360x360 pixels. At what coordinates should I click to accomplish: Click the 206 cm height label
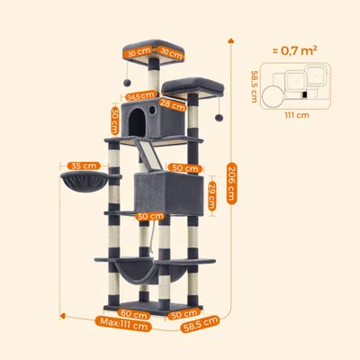tap(231, 183)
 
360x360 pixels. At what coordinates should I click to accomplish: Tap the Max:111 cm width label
tap(123, 323)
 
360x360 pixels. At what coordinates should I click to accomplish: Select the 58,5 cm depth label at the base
tap(200, 324)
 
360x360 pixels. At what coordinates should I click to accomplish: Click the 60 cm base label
tap(134, 314)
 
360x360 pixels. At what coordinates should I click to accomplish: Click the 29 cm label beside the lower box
tap(211, 195)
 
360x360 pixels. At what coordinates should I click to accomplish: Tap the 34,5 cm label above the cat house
tap(139, 96)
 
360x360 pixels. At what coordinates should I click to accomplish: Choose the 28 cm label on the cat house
tap(173, 104)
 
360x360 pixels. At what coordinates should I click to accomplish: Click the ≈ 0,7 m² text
tap(295, 50)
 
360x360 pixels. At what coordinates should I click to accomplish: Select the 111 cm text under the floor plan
tap(297, 115)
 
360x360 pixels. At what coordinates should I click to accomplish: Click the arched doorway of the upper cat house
tap(137, 121)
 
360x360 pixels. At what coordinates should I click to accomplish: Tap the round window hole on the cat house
tap(152, 110)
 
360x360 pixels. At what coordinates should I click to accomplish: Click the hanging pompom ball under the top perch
tap(128, 82)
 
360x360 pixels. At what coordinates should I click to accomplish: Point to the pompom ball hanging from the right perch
tap(219, 117)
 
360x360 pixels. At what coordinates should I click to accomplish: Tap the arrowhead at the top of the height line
tap(231, 40)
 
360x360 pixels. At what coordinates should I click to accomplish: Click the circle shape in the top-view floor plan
tap(273, 96)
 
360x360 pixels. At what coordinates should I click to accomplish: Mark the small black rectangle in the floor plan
tap(305, 95)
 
